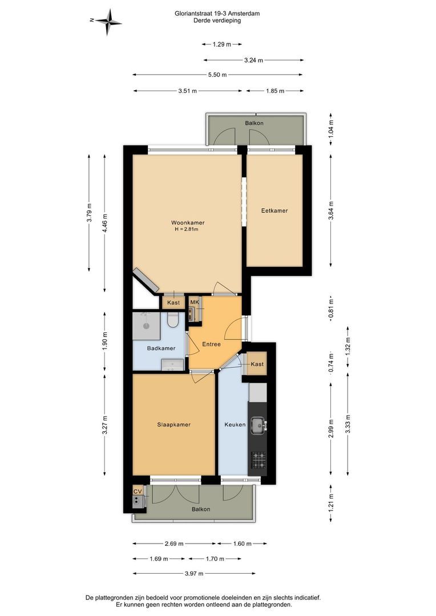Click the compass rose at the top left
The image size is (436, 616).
tap(108, 21)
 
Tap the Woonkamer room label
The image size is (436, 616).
tap(188, 223)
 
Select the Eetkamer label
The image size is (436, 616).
tap(274, 210)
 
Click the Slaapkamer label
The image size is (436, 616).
tap(173, 425)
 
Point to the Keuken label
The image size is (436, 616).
tap(235, 425)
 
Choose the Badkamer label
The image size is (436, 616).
tap(161, 348)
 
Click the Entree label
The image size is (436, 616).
tap(212, 344)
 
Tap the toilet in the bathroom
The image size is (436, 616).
tap(172, 319)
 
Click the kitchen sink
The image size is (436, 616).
tap(259, 425)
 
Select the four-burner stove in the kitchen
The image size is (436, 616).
tap(259, 460)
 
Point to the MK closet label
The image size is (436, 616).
tap(195, 302)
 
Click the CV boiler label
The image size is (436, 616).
tap(137, 492)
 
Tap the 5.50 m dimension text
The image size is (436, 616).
tap(217, 75)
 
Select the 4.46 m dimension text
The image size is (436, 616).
tap(104, 224)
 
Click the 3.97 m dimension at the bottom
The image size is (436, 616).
tap(194, 574)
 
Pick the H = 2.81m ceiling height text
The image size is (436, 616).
tap(187, 229)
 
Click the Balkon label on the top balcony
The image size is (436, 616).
tap(255, 123)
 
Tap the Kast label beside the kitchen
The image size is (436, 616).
tap(257, 364)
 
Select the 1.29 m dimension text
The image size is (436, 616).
tap(222, 44)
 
